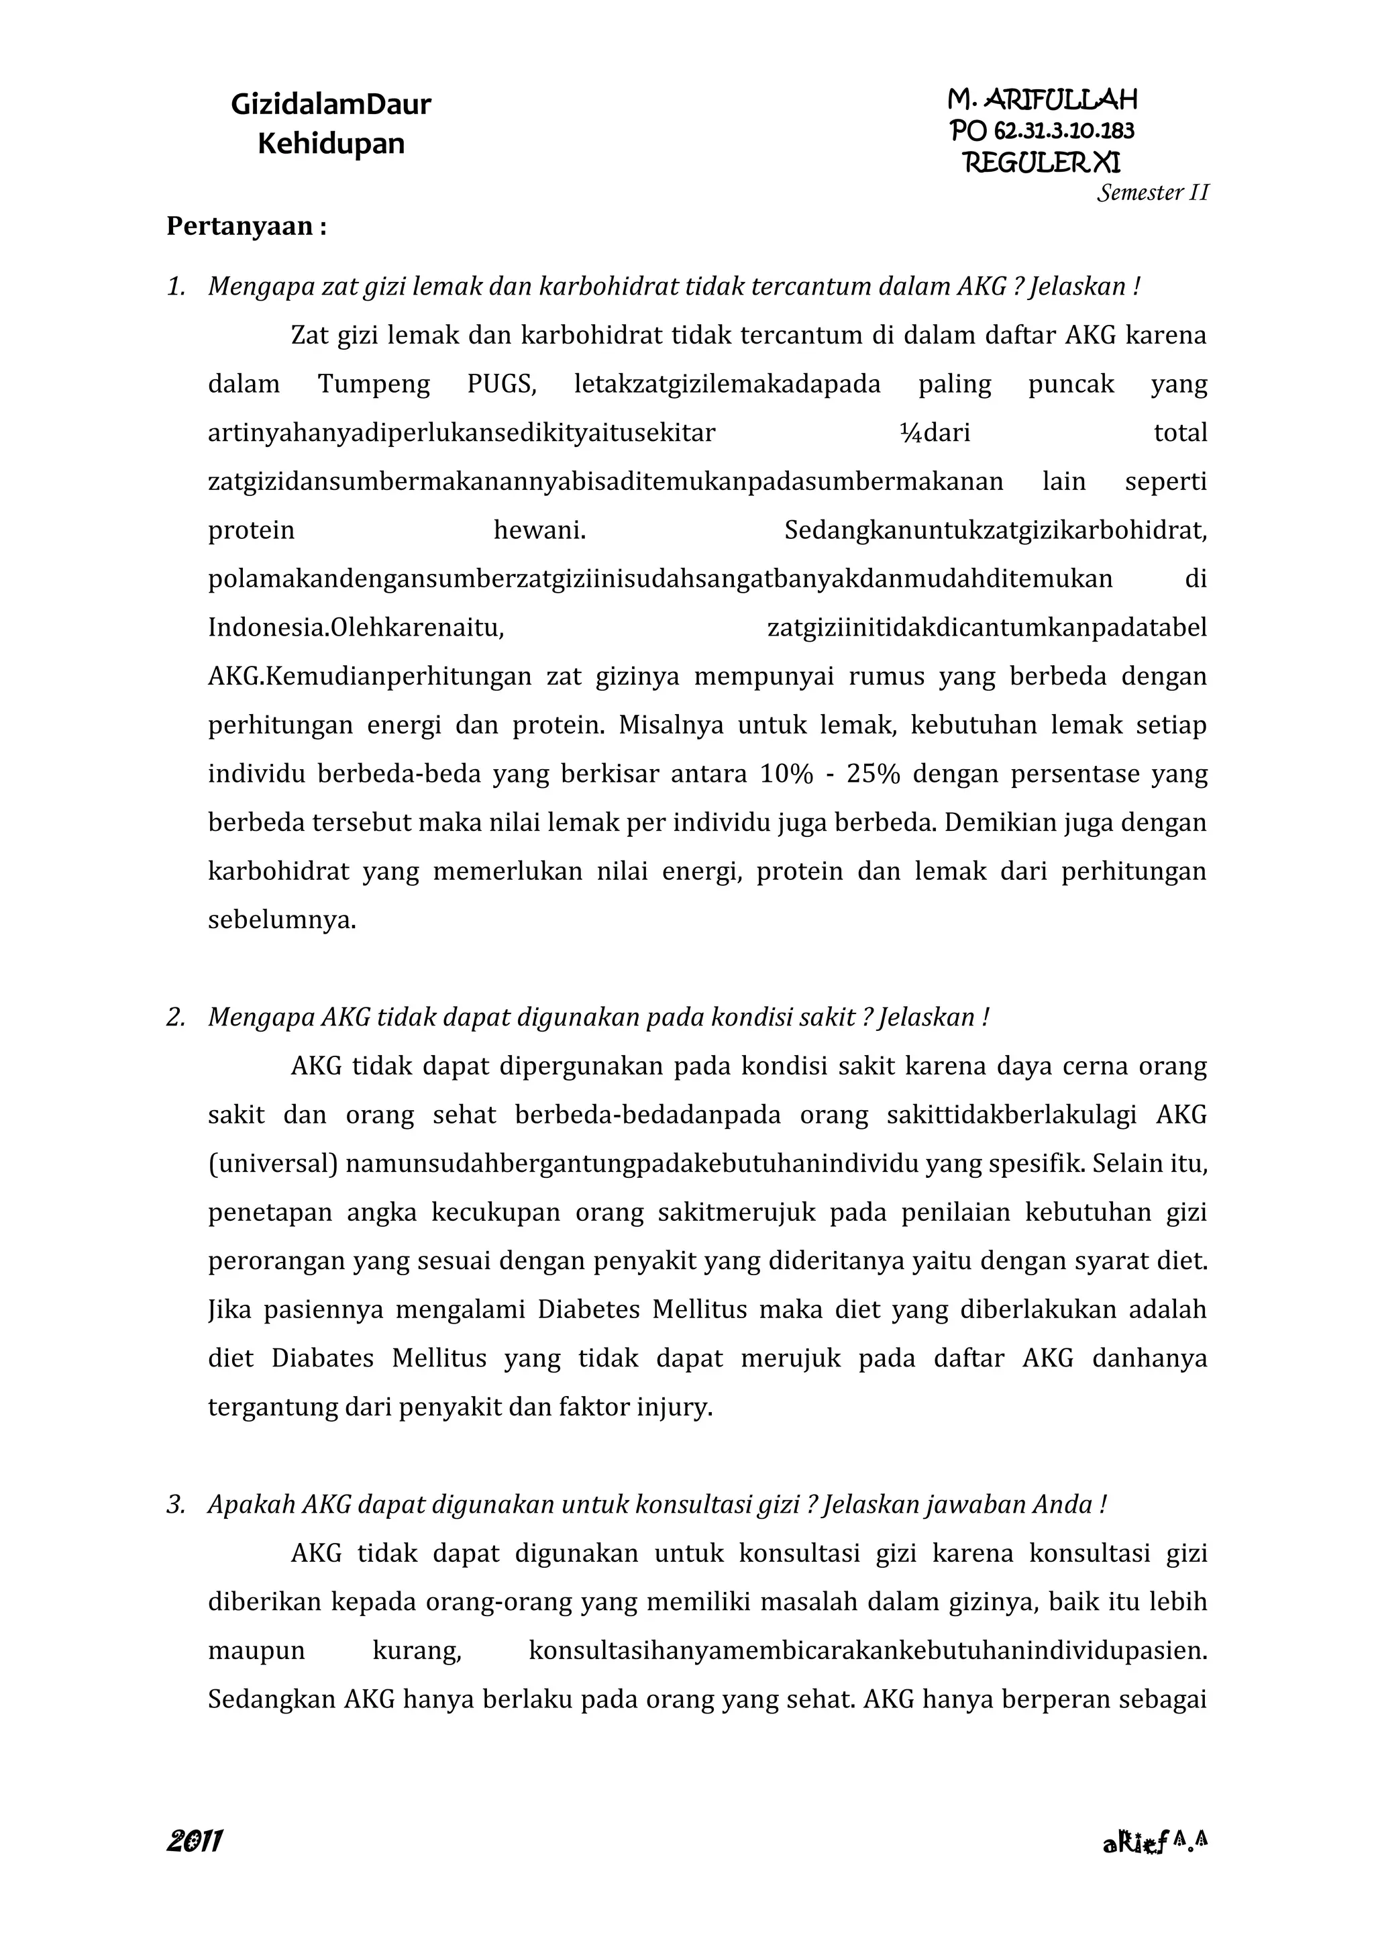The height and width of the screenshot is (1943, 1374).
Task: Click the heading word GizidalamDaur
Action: point(331,104)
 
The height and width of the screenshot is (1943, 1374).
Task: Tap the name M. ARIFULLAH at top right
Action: point(1043,100)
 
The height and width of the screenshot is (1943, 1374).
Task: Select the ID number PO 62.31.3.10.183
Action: point(1043,130)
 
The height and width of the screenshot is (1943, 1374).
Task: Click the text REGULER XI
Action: point(1043,162)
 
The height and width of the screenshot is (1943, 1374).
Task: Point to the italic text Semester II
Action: point(1153,193)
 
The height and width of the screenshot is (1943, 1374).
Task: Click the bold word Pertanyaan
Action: point(239,227)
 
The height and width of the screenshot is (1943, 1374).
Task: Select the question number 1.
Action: point(175,287)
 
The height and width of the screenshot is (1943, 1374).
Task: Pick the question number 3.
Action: point(175,1505)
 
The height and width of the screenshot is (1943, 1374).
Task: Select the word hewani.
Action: point(540,531)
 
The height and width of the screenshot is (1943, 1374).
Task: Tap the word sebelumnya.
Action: point(282,920)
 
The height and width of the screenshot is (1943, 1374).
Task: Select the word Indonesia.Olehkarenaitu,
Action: point(356,628)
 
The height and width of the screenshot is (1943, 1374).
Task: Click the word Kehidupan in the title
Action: point(331,143)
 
